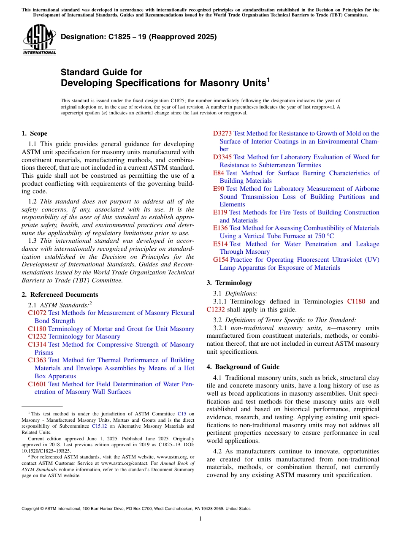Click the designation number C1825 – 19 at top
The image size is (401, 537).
tap(138, 37)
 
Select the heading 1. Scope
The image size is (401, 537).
tap(34, 133)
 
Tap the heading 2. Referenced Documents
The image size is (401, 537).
tap(60, 295)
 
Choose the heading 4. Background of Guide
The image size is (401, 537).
tap(243, 367)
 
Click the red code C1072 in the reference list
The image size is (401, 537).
tap(37, 313)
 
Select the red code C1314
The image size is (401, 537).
tap(37, 344)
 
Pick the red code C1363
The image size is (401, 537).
tap(37, 360)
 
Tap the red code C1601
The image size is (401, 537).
tap(37, 384)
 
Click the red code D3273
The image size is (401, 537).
tap(222, 133)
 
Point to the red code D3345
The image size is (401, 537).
tap(222, 157)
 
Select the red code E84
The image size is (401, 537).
tap(219, 173)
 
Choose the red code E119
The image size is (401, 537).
tap(220, 212)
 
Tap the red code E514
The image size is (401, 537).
tap(220, 244)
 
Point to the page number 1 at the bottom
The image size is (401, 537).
tap(200, 518)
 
